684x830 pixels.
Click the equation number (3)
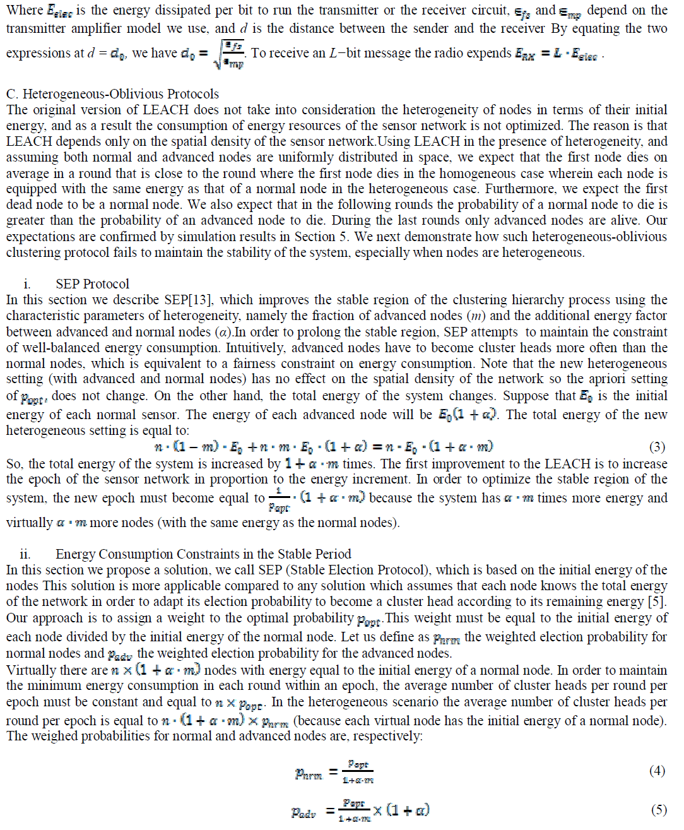click(657, 447)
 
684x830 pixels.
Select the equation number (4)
click(657, 771)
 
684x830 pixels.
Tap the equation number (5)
click(658, 810)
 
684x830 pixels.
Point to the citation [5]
click(659, 602)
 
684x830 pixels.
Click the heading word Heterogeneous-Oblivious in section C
click(91, 94)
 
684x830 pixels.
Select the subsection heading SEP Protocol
click(92, 284)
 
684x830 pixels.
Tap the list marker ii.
click(25, 554)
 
